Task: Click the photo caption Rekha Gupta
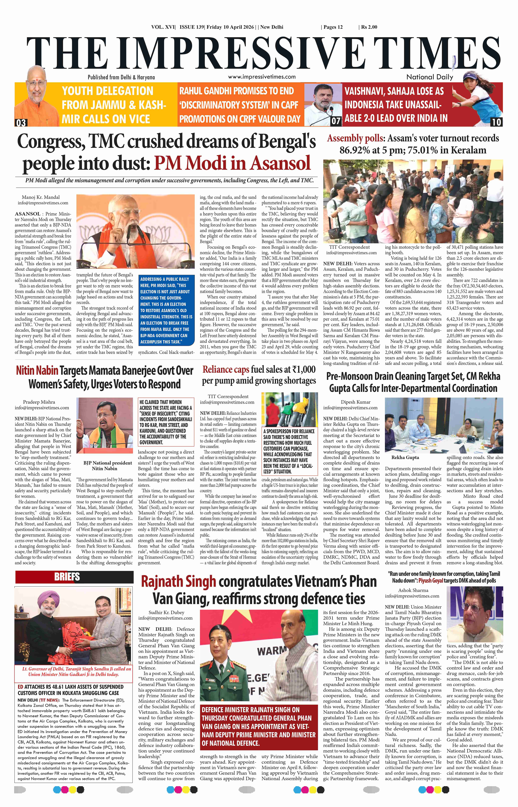(405, 458)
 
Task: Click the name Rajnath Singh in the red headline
(178, 582)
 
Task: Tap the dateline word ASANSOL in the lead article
(28, 214)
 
